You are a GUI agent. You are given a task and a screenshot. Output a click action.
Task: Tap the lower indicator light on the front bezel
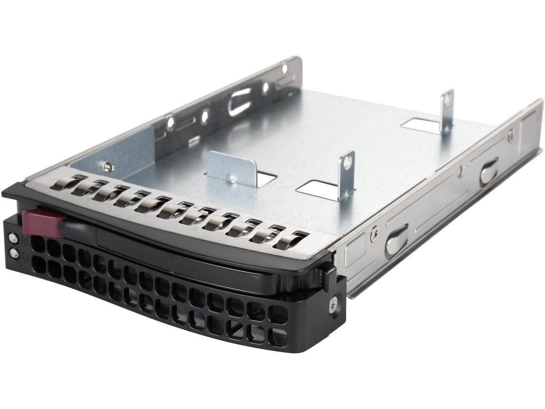[16, 254]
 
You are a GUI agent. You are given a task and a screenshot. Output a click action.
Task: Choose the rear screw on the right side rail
[510, 136]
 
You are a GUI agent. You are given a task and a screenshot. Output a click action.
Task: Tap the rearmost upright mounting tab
[447, 113]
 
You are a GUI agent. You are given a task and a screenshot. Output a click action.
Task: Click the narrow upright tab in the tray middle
[346, 175]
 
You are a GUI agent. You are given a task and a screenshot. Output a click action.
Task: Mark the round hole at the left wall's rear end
[284, 66]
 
